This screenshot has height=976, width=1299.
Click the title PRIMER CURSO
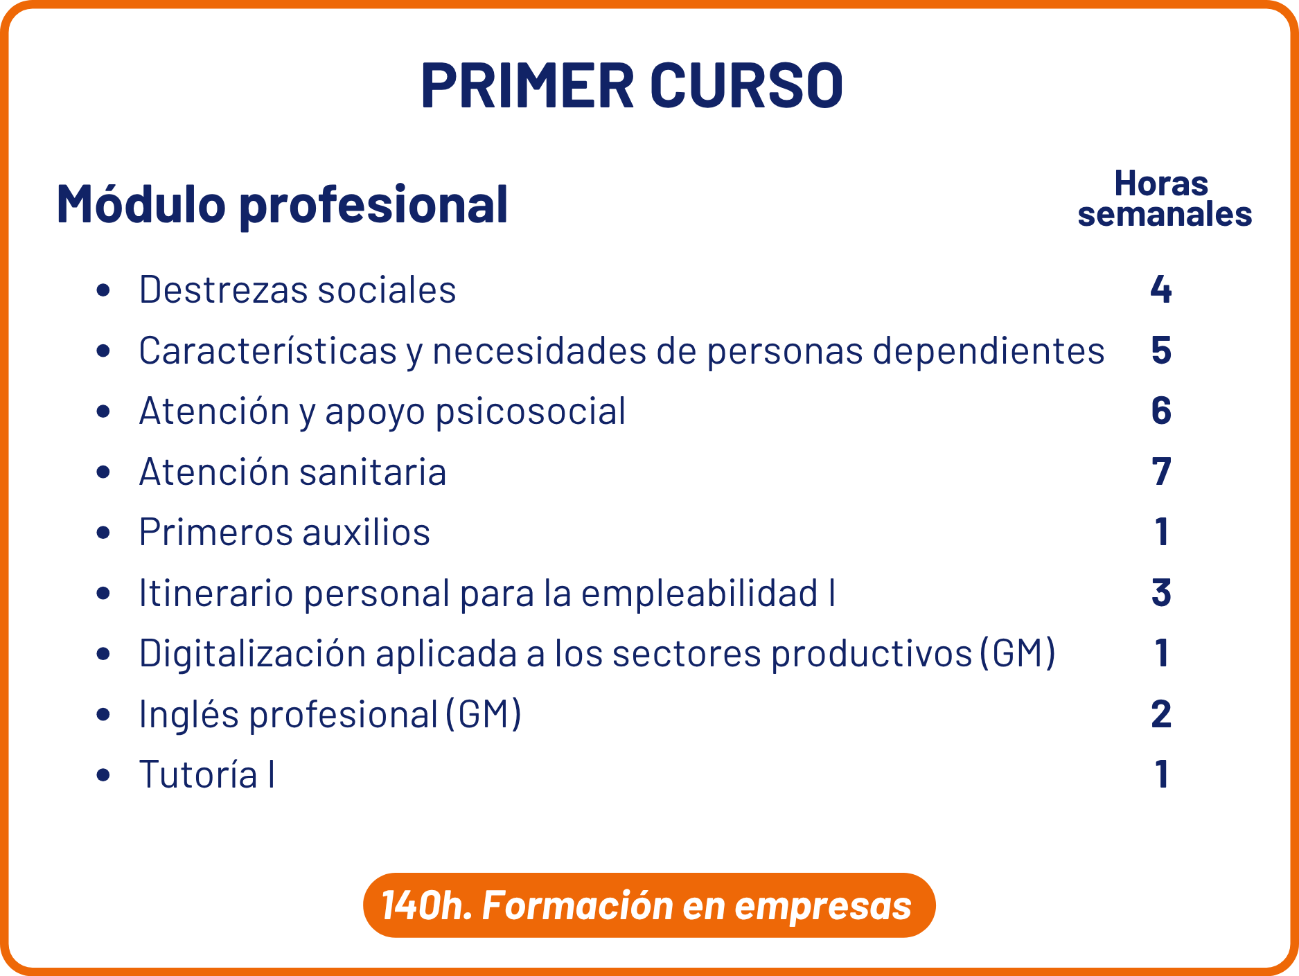point(632,86)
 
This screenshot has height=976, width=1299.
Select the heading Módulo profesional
point(282,204)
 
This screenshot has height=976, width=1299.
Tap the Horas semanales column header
point(1165,199)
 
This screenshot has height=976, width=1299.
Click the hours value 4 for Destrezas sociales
point(1161,290)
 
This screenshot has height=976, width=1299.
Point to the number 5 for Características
point(1161,351)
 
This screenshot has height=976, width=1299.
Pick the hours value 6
point(1161,411)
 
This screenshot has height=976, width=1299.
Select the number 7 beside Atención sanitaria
point(1161,472)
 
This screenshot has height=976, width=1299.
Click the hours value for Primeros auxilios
point(1162,532)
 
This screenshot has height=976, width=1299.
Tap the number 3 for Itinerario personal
point(1161,593)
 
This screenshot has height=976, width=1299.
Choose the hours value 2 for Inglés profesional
point(1161,714)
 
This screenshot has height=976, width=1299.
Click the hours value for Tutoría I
point(1162,774)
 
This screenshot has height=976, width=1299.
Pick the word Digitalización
point(252,653)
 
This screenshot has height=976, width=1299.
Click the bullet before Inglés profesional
point(104,714)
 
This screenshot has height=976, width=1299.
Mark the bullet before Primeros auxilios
point(104,533)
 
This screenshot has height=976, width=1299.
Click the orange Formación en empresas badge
point(649,905)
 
